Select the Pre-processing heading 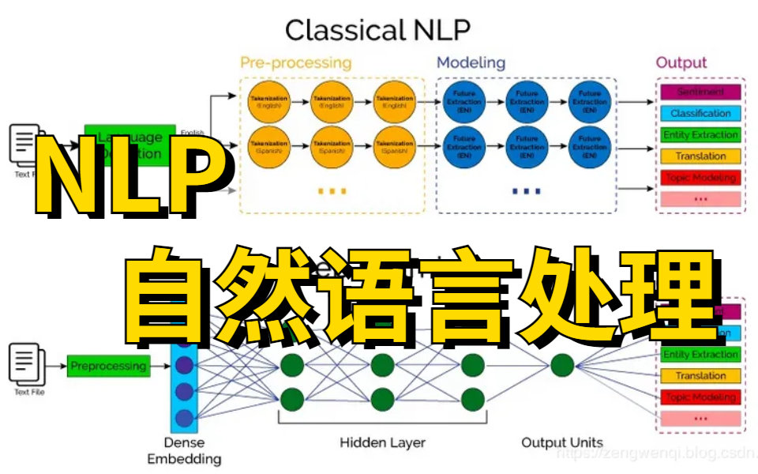[296, 62]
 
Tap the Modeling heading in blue [471, 62]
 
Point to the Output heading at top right [681, 62]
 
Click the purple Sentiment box [700, 92]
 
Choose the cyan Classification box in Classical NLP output [700, 114]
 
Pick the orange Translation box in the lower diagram [700, 376]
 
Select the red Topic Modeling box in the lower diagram [700, 397]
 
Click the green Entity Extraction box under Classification [700, 135]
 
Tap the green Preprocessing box [108, 367]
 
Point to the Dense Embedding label [183, 451]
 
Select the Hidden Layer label [382, 442]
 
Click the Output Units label [561, 442]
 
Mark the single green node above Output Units [561, 366]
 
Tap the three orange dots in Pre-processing [332, 191]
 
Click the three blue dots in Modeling [527, 191]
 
